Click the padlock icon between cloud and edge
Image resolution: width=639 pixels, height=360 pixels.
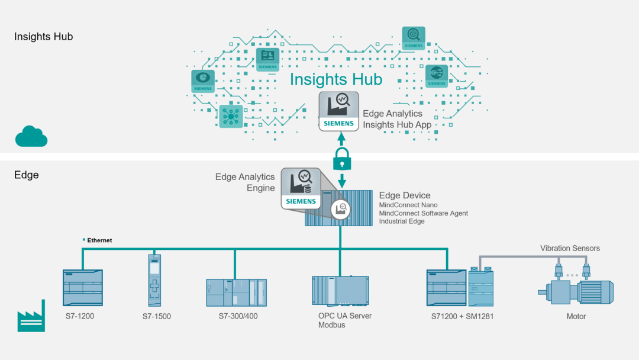342,159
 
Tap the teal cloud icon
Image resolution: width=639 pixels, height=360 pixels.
31,136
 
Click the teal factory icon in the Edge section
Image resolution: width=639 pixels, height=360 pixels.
31,316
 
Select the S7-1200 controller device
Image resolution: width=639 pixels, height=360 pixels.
83,287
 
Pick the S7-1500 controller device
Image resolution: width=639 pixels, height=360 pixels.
154,281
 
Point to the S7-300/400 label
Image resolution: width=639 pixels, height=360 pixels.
238,316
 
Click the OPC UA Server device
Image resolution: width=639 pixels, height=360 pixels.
340,291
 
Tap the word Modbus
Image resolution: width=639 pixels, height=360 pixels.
332,325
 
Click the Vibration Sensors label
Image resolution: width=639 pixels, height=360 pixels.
570,248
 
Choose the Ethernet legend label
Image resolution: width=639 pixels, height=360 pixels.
99,240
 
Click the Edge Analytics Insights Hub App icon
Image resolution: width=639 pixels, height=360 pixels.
338,111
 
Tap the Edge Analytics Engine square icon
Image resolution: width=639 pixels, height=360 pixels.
301,188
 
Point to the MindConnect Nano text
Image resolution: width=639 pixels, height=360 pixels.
408,205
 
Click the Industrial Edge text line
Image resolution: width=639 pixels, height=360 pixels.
402,221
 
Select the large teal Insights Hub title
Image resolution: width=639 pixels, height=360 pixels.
336,79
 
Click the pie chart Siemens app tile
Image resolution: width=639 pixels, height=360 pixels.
203,81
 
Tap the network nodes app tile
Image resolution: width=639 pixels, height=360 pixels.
231,117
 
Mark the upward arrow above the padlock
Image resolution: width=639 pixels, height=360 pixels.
341,140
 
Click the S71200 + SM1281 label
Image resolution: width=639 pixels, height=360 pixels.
462,316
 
